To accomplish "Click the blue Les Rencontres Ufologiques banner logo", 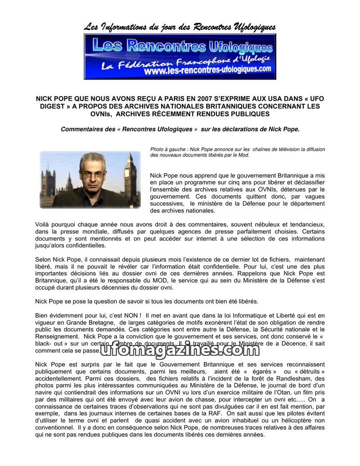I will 180,56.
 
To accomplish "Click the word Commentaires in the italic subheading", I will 81,130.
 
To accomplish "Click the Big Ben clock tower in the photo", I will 130,175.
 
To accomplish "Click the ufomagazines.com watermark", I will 180,349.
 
